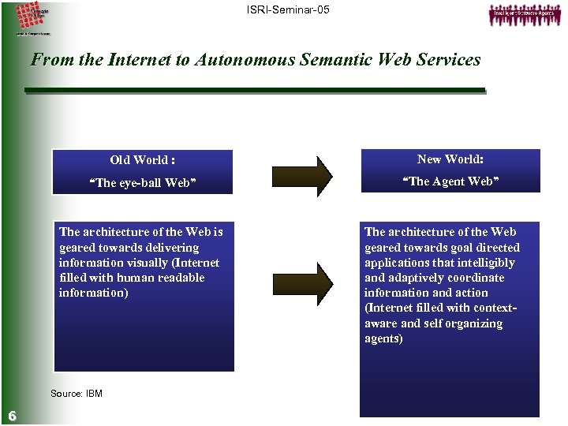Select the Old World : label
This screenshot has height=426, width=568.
click(x=143, y=160)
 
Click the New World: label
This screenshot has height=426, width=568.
click(x=450, y=159)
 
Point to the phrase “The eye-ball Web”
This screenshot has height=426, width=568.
click(x=143, y=184)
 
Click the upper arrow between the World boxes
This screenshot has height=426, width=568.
click(x=302, y=175)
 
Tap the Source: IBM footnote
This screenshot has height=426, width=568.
click(x=76, y=394)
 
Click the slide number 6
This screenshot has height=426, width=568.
click(x=13, y=416)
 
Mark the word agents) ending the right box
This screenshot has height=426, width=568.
click(x=383, y=338)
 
